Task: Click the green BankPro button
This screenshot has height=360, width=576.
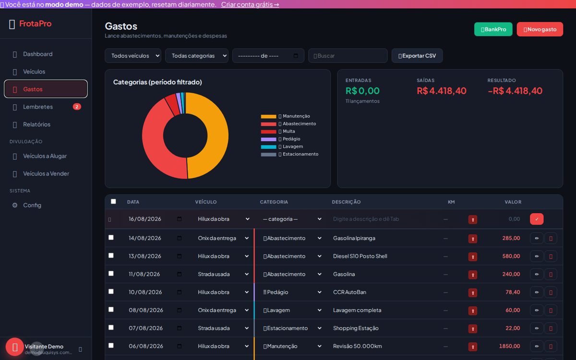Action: coord(493,29)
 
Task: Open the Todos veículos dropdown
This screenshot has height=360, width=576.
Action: coord(133,56)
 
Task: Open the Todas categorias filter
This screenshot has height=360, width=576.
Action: coord(197,56)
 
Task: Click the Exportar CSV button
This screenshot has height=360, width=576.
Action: coord(417,56)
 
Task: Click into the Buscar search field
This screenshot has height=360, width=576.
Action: coord(348,56)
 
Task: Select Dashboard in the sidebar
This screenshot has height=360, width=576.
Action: coord(38,54)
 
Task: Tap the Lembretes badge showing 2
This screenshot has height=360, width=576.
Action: coord(77,107)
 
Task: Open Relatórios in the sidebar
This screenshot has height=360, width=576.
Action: coord(37,124)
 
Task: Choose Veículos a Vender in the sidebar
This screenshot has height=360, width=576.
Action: coord(46,174)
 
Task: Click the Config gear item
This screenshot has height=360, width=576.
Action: coord(32,205)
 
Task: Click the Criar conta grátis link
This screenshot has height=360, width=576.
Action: coord(250,4)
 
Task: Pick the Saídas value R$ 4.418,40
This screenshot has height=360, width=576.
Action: coord(441,91)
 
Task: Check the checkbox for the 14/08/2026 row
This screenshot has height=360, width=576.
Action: coord(111,237)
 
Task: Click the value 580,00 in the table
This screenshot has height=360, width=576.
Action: coord(511,256)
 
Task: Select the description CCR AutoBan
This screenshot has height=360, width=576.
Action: coord(349,292)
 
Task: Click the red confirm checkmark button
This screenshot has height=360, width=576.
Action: coord(537,219)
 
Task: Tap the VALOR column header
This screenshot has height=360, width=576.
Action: coord(513,202)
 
